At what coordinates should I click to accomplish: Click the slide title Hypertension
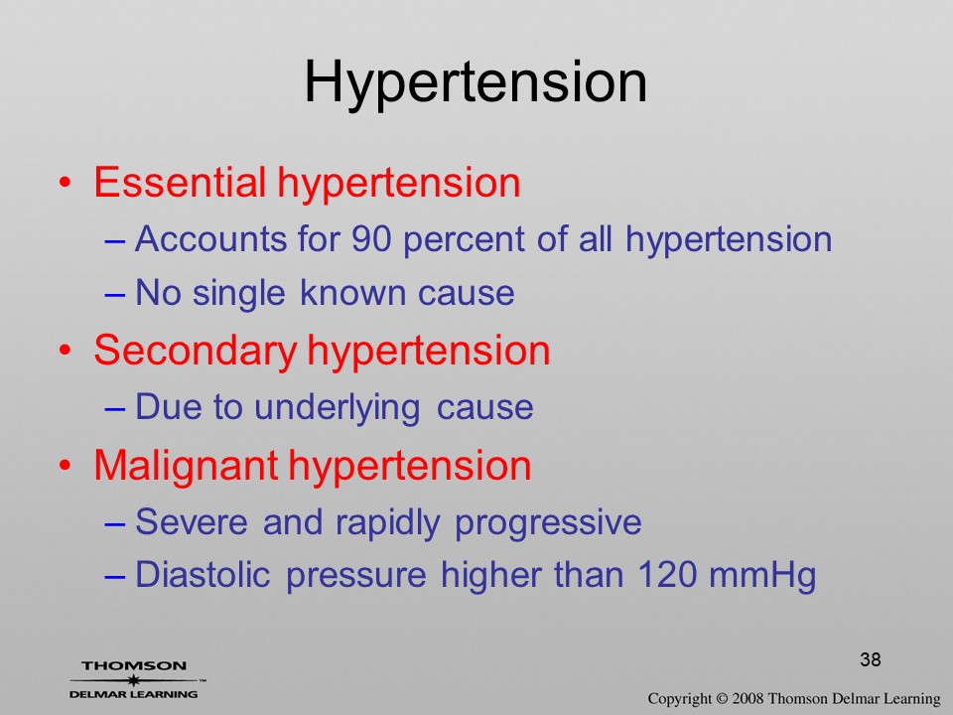[x=476, y=83]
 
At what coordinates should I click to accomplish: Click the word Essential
[x=180, y=182]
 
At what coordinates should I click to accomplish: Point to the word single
[x=239, y=294]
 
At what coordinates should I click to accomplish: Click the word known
[x=352, y=292]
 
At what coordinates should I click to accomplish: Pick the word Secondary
[x=196, y=352]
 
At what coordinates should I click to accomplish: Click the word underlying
[x=337, y=408]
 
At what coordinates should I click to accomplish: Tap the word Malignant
[x=186, y=467]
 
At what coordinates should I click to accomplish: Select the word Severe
[x=192, y=522]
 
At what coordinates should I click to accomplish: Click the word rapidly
[x=387, y=523]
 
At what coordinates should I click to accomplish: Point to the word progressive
[x=548, y=523]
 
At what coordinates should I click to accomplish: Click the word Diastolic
[x=203, y=575]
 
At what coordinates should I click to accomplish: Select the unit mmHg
[x=762, y=576]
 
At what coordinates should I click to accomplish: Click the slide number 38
[x=871, y=659]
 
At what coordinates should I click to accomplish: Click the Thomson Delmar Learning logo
[x=135, y=679]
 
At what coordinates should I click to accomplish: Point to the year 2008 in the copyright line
[x=748, y=698]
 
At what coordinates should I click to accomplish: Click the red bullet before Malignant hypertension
[x=66, y=467]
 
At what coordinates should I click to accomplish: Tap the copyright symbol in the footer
[x=722, y=698]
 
